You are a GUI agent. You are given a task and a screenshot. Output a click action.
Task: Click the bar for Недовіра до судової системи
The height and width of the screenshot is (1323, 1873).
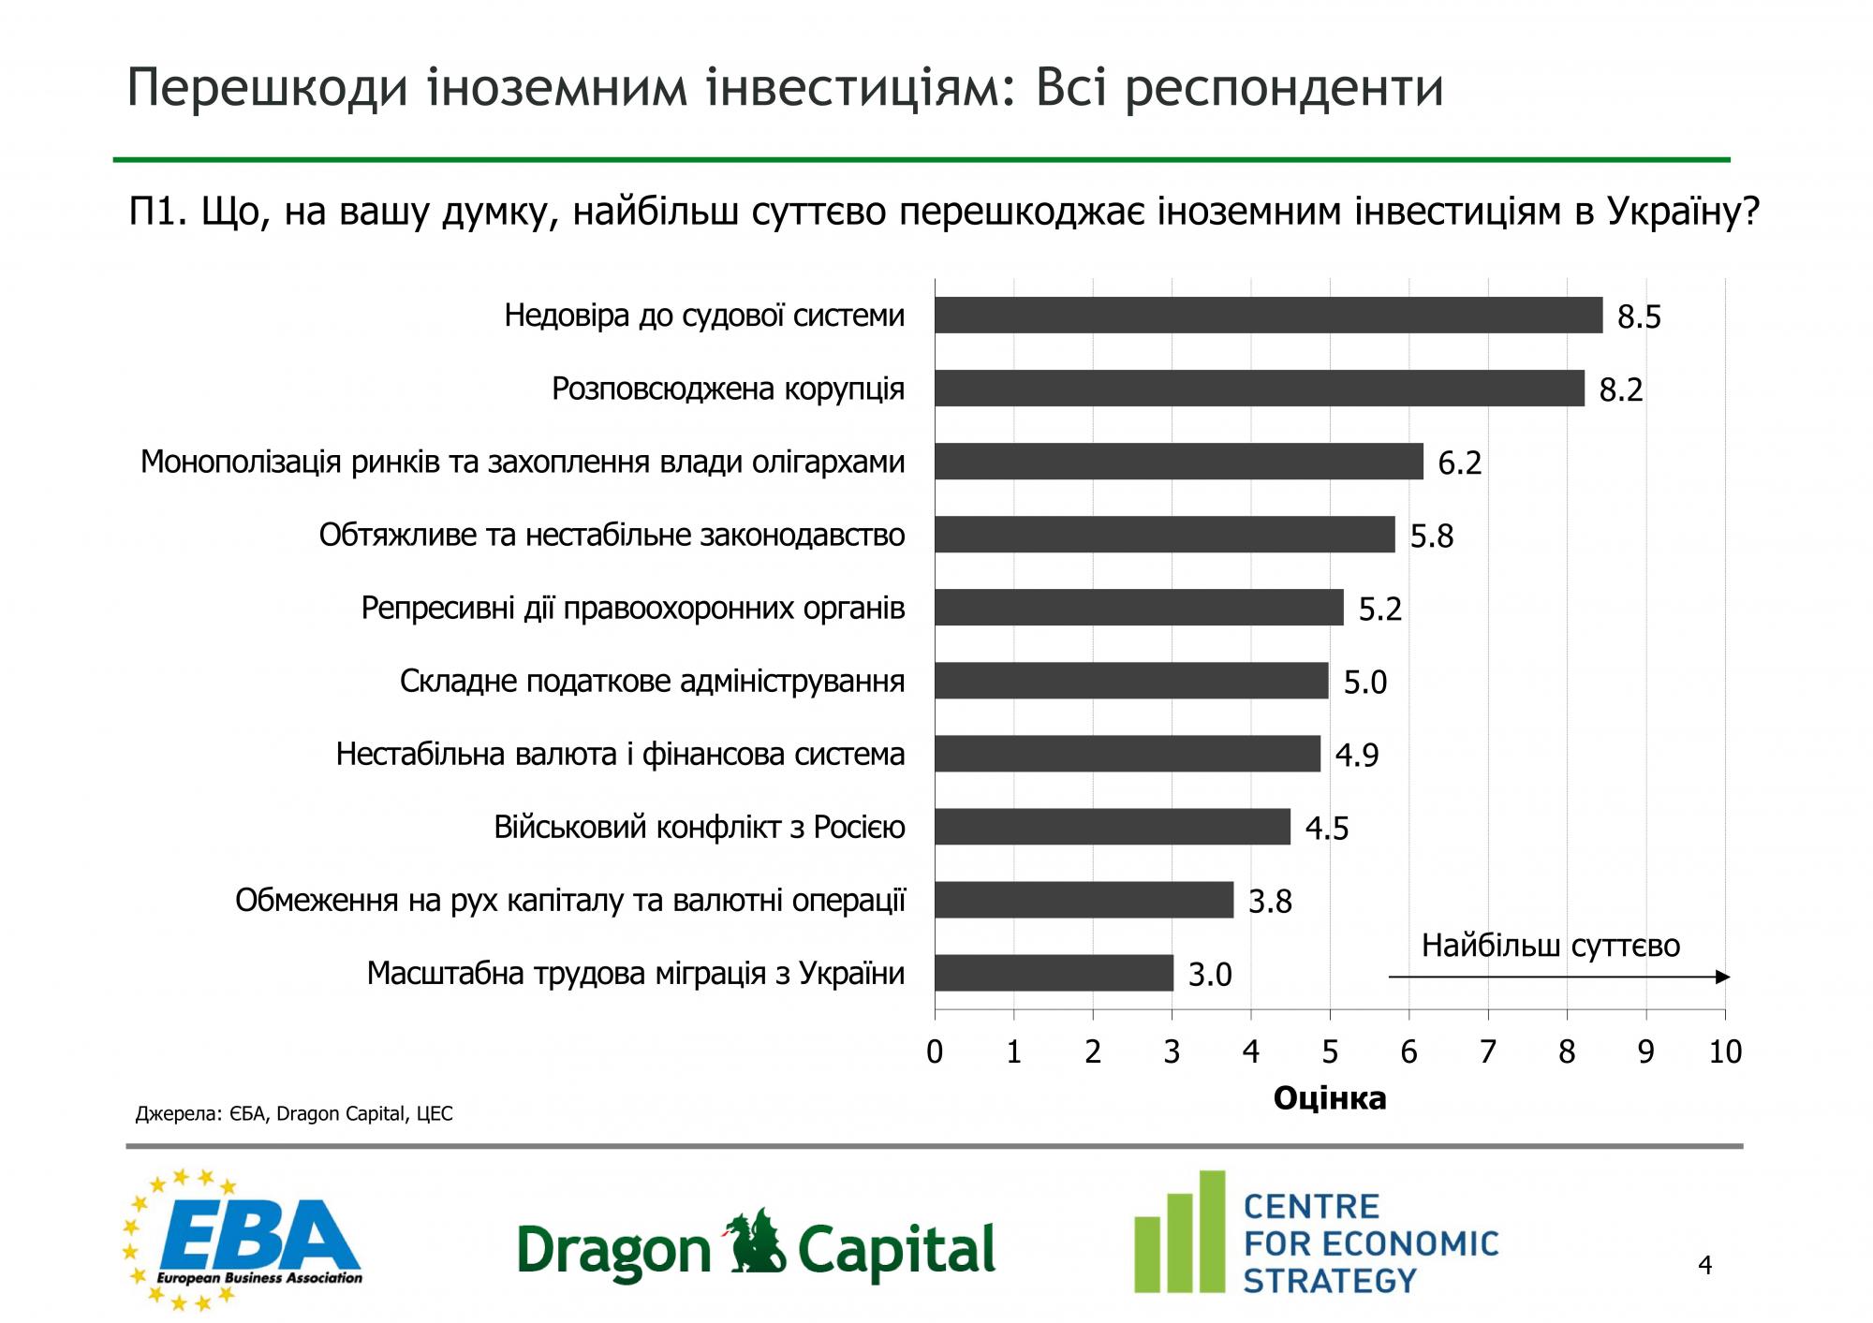pyautogui.click(x=1268, y=315)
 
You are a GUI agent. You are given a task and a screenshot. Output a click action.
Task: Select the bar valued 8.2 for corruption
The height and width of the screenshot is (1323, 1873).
pyautogui.click(x=1259, y=388)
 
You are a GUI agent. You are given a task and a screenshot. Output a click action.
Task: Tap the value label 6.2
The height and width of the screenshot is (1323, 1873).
pyautogui.click(x=1459, y=463)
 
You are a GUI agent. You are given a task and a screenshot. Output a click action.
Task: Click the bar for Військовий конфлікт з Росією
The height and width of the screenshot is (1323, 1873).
pyautogui.click(x=1112, y=827)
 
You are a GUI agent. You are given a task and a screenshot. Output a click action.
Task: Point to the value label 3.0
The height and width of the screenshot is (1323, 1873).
pyautogui.click(x=1210, y=976)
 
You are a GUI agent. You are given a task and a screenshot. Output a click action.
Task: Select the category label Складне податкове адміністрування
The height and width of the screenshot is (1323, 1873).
pyautogui.click(x=652, y=681)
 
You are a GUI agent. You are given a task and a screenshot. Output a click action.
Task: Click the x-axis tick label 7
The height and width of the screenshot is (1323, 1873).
pyautogui.click(x=1488, y=1052)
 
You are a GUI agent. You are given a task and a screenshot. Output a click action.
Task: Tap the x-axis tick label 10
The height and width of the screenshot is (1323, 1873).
pyautogui.click(x=1725, y=1052)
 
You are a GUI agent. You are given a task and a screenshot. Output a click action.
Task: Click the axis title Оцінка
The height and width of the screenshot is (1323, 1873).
pyautogui.click(x=1329, y=1098)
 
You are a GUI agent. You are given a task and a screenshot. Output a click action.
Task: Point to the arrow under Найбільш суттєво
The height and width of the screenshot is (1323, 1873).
pyautogui.click(x=1558, y=978)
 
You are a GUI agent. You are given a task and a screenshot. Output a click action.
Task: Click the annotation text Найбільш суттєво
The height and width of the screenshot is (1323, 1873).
pyautogui.click(x=1551, y=946)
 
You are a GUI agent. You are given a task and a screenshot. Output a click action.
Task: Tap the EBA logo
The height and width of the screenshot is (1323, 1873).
pyautogui.click(x=243, y=1240)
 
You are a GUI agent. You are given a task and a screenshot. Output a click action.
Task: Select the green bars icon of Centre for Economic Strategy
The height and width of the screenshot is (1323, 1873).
pyautogui.click(x=1179, y=1232)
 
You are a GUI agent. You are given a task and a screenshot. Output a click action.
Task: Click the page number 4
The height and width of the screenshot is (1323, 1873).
pyautogui.click(x=1704, y=1266)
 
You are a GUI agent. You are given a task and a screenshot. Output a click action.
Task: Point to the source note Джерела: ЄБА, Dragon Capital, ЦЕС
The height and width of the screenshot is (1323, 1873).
pyautogui.click(x=294, y=1114)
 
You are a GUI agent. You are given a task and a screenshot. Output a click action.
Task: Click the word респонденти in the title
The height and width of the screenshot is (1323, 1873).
pyautogui.click(x=1283, y=88)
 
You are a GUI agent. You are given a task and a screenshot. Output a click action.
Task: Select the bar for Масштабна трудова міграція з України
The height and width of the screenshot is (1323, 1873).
pyautogui.click(x=1054, y=973)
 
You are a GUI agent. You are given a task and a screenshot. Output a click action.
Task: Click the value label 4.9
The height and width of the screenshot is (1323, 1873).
pyautogui.click(x=1356, y=755)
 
